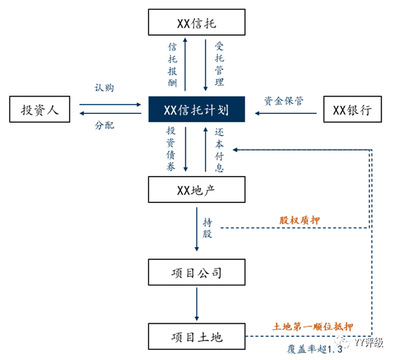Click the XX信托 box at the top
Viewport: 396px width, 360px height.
tap(194, 22)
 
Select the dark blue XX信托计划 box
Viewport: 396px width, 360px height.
tap(194, 111)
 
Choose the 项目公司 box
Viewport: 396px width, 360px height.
tap(194, 274)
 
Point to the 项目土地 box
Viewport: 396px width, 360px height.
tap(194, 337)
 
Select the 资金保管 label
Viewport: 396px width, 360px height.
tap(286, 100)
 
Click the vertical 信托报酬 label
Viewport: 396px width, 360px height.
tap(172, 64)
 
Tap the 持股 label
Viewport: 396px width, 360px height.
tap(208, 229)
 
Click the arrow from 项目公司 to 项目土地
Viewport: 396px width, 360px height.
tap(196, 305)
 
